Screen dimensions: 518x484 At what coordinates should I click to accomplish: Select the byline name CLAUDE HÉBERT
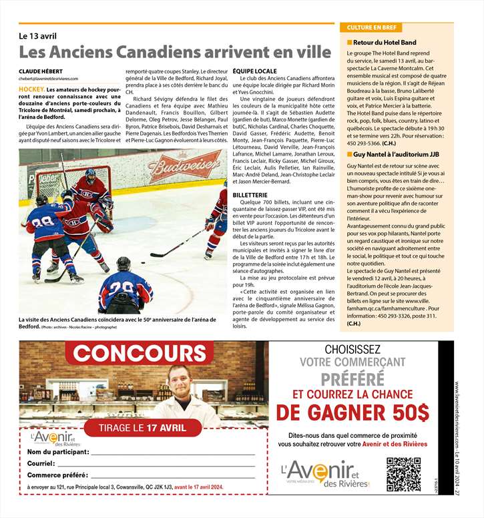43,71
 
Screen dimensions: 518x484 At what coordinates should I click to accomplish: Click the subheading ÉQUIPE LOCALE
254,71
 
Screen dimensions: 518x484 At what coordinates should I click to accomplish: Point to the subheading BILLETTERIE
251,193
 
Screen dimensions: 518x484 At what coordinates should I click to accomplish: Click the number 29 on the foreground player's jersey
125,288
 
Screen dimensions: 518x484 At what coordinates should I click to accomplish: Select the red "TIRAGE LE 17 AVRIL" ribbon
143,427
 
